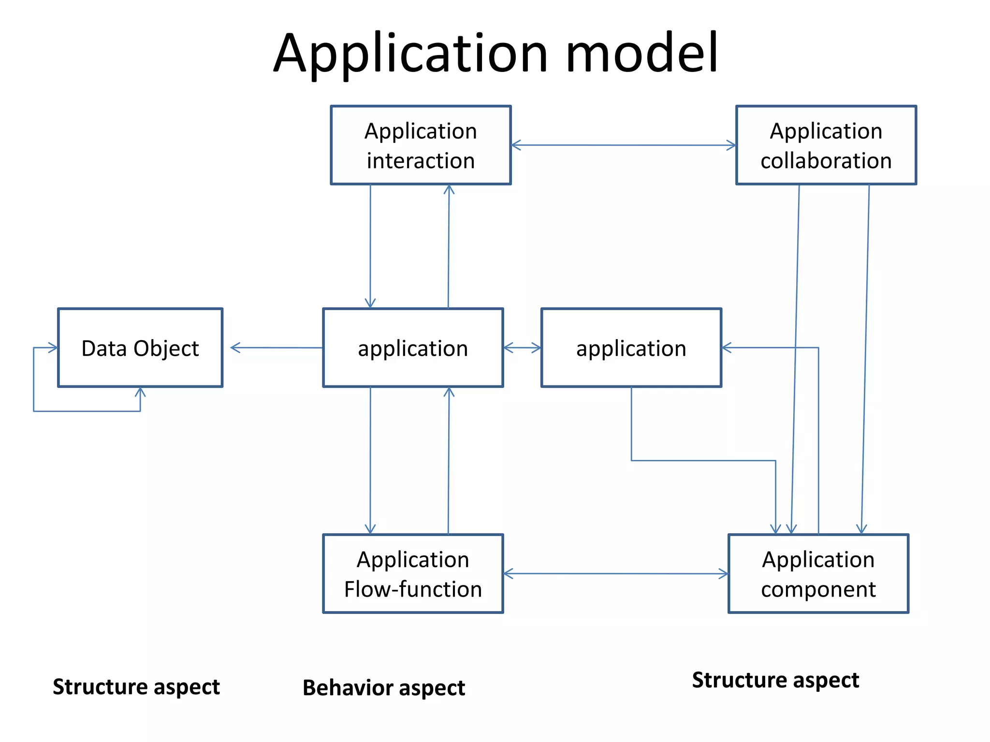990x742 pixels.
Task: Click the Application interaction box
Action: (x=421, y=145)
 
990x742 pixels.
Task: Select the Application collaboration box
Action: (x=826, y=145)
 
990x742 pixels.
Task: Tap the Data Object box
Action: (x=140, y=348)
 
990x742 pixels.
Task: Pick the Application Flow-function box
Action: (x=413, y=573)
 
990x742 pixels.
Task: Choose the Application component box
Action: (x=818, y=573)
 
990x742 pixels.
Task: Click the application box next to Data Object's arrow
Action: (x=413, y=348)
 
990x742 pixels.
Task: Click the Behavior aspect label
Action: (x=383, y=687)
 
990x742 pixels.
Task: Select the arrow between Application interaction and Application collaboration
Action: (x=624, y=145)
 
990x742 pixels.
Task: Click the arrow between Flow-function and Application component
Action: (x=615, y=573)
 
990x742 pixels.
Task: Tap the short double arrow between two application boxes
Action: (x=522, y=348)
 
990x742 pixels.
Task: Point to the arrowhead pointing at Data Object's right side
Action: (x=234, y=347)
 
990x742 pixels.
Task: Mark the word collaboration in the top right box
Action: (x=826, y=160)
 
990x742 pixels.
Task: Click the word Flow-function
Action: (x=413, y=589)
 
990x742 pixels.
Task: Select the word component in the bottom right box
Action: (x=818, y=589)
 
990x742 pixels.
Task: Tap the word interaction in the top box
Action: (x=421, y=160)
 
